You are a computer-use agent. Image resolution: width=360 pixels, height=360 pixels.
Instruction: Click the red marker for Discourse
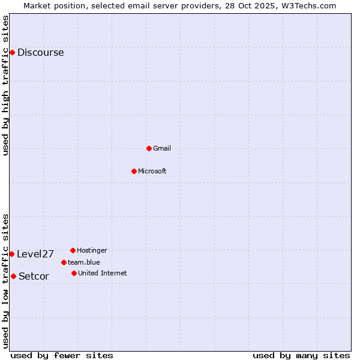(12, 53)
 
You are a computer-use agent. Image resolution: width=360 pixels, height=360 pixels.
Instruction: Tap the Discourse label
(40, 53)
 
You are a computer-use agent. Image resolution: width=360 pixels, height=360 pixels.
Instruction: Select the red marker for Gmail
(149, 148)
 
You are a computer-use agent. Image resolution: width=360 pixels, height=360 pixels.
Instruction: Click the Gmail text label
(162, 148)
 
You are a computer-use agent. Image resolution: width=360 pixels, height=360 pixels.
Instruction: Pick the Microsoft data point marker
(134, 171)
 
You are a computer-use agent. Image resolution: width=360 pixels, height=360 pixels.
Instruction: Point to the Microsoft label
(152, 171)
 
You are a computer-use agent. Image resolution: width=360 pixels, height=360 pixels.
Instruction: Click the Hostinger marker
(73, 250)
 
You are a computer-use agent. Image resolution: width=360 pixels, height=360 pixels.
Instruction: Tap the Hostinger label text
(92, 250)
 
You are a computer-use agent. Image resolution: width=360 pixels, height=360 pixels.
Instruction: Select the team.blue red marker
(64, 262)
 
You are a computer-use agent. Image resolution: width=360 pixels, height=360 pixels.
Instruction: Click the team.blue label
(84, 262)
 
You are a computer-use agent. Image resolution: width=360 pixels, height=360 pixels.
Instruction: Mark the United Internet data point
(74, 273)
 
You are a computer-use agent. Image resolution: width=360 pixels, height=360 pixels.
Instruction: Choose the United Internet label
(103, 273)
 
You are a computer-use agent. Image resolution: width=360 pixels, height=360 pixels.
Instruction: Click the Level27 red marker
(11, 254)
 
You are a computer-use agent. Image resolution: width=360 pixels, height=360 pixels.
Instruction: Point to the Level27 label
(35, 254)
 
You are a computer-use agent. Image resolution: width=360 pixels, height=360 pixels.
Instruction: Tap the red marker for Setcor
(13, 276)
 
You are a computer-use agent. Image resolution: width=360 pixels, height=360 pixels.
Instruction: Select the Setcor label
(34, 276)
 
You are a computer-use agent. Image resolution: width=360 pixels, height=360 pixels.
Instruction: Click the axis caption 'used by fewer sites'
(62, 355)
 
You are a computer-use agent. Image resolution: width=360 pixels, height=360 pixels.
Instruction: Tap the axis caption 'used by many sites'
(301, 355)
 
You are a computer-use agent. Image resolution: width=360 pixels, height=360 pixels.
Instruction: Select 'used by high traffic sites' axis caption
(5, 85)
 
